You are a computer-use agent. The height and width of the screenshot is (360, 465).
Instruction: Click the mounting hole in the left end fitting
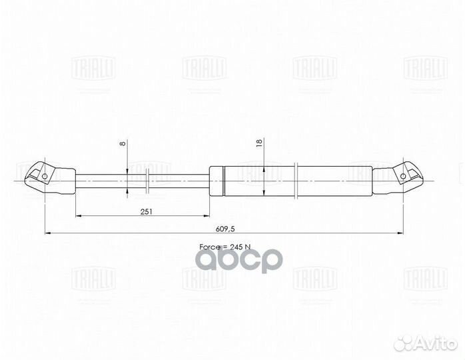(45, 177)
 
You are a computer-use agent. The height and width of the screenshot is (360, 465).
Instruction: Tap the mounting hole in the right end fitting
(403, 176)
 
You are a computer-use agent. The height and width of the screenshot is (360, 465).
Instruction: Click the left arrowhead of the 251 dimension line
(80, 217)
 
